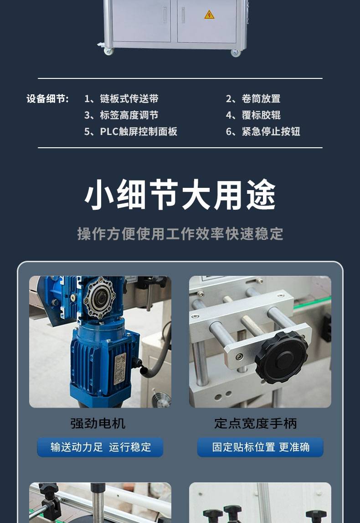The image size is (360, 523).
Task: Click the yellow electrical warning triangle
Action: [x=209, y=14]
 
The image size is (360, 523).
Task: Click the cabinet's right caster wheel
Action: [x=235, y=53]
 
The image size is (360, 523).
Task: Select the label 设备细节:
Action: [x=48, y=99]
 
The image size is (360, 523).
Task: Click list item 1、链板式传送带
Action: [x=121, y=99]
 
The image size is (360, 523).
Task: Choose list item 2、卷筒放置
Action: [x=253, y=99]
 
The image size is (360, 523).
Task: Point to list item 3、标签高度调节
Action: [x=121, y=115]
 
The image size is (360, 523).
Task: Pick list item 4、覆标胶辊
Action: [x=253, y=115]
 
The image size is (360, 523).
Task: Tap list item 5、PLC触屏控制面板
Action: [x=131, y=131]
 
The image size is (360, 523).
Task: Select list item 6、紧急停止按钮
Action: [x=263, y=131]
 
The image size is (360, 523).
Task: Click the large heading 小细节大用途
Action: [x=180, y=194]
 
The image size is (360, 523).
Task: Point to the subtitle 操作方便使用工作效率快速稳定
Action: [x=180, y=233]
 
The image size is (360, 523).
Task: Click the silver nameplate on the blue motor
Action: [x=120, y=368]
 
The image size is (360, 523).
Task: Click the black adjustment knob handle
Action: [x=282, y=357]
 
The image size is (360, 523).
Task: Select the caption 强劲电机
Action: [x=98, y=423]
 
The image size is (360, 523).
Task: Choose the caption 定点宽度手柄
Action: [x=255, y=423]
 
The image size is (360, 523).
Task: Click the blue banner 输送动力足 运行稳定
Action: [x=100, y=447]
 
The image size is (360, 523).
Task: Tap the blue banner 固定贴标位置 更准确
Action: [x=260, y=447]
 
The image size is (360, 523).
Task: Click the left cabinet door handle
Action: [x=165, y=15]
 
